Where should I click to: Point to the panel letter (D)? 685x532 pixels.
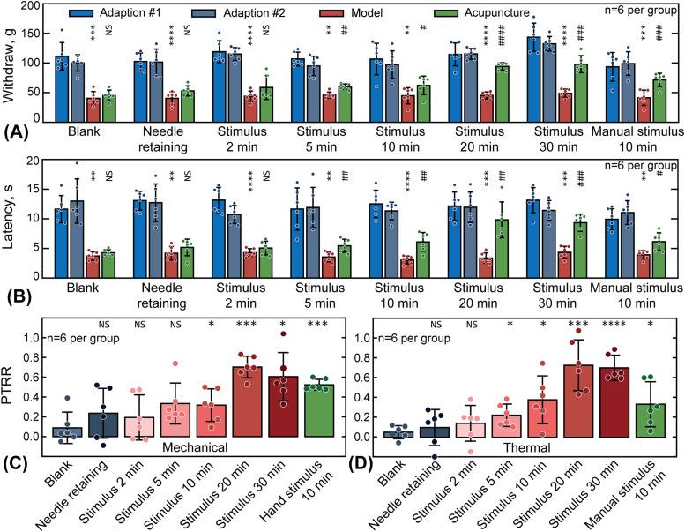coord(361,459)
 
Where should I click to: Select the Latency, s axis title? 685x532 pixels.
coord(11,210)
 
